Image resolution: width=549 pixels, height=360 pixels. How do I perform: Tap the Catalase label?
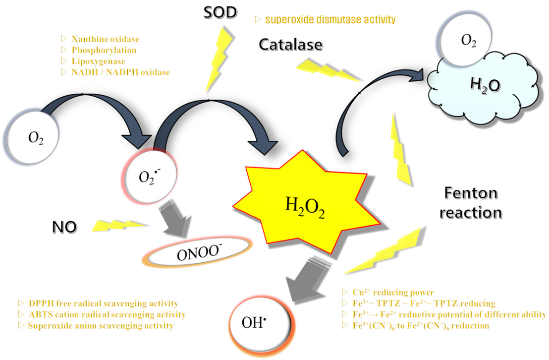(291, 46)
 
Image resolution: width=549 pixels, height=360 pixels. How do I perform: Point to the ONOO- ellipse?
(197, 254)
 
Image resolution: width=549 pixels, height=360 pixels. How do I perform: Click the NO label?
(64, 227)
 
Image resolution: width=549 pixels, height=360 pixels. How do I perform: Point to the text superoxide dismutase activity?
(330, 20)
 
